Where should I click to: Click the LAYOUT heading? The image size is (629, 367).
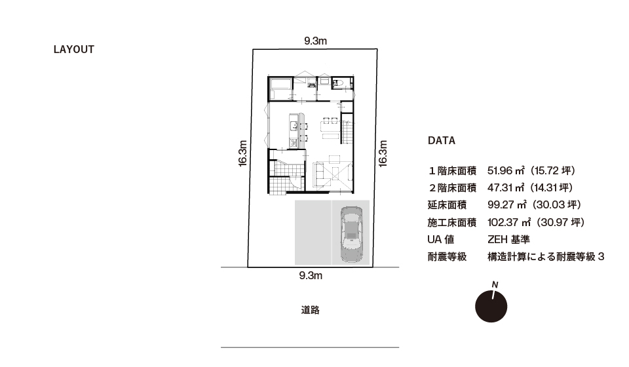tap(74, 49)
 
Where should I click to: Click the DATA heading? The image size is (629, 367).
tap(441, 140)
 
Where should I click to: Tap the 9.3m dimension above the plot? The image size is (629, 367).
tap(315, 41)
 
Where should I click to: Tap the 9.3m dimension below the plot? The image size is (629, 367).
tap(311, 275)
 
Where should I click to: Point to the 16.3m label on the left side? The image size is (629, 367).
tap(242, 153)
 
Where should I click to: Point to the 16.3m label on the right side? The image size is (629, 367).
tap(383, 153)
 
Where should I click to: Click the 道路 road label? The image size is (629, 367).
tap(310, 310)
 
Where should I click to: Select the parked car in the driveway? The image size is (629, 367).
tap(351, 234)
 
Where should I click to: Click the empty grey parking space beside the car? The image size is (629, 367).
tap(313, 233)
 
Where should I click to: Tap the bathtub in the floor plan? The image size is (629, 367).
tap(281, 85)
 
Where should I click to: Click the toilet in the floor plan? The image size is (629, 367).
tap(337, 83)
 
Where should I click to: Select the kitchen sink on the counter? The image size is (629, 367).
tap(294, 125)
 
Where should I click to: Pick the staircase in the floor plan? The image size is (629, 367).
tap(347, 128)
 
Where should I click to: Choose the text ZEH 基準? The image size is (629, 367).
tap(508, 239)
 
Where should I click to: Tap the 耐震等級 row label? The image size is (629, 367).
tap(447, 257)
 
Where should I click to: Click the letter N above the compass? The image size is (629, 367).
tap(495, 285)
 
